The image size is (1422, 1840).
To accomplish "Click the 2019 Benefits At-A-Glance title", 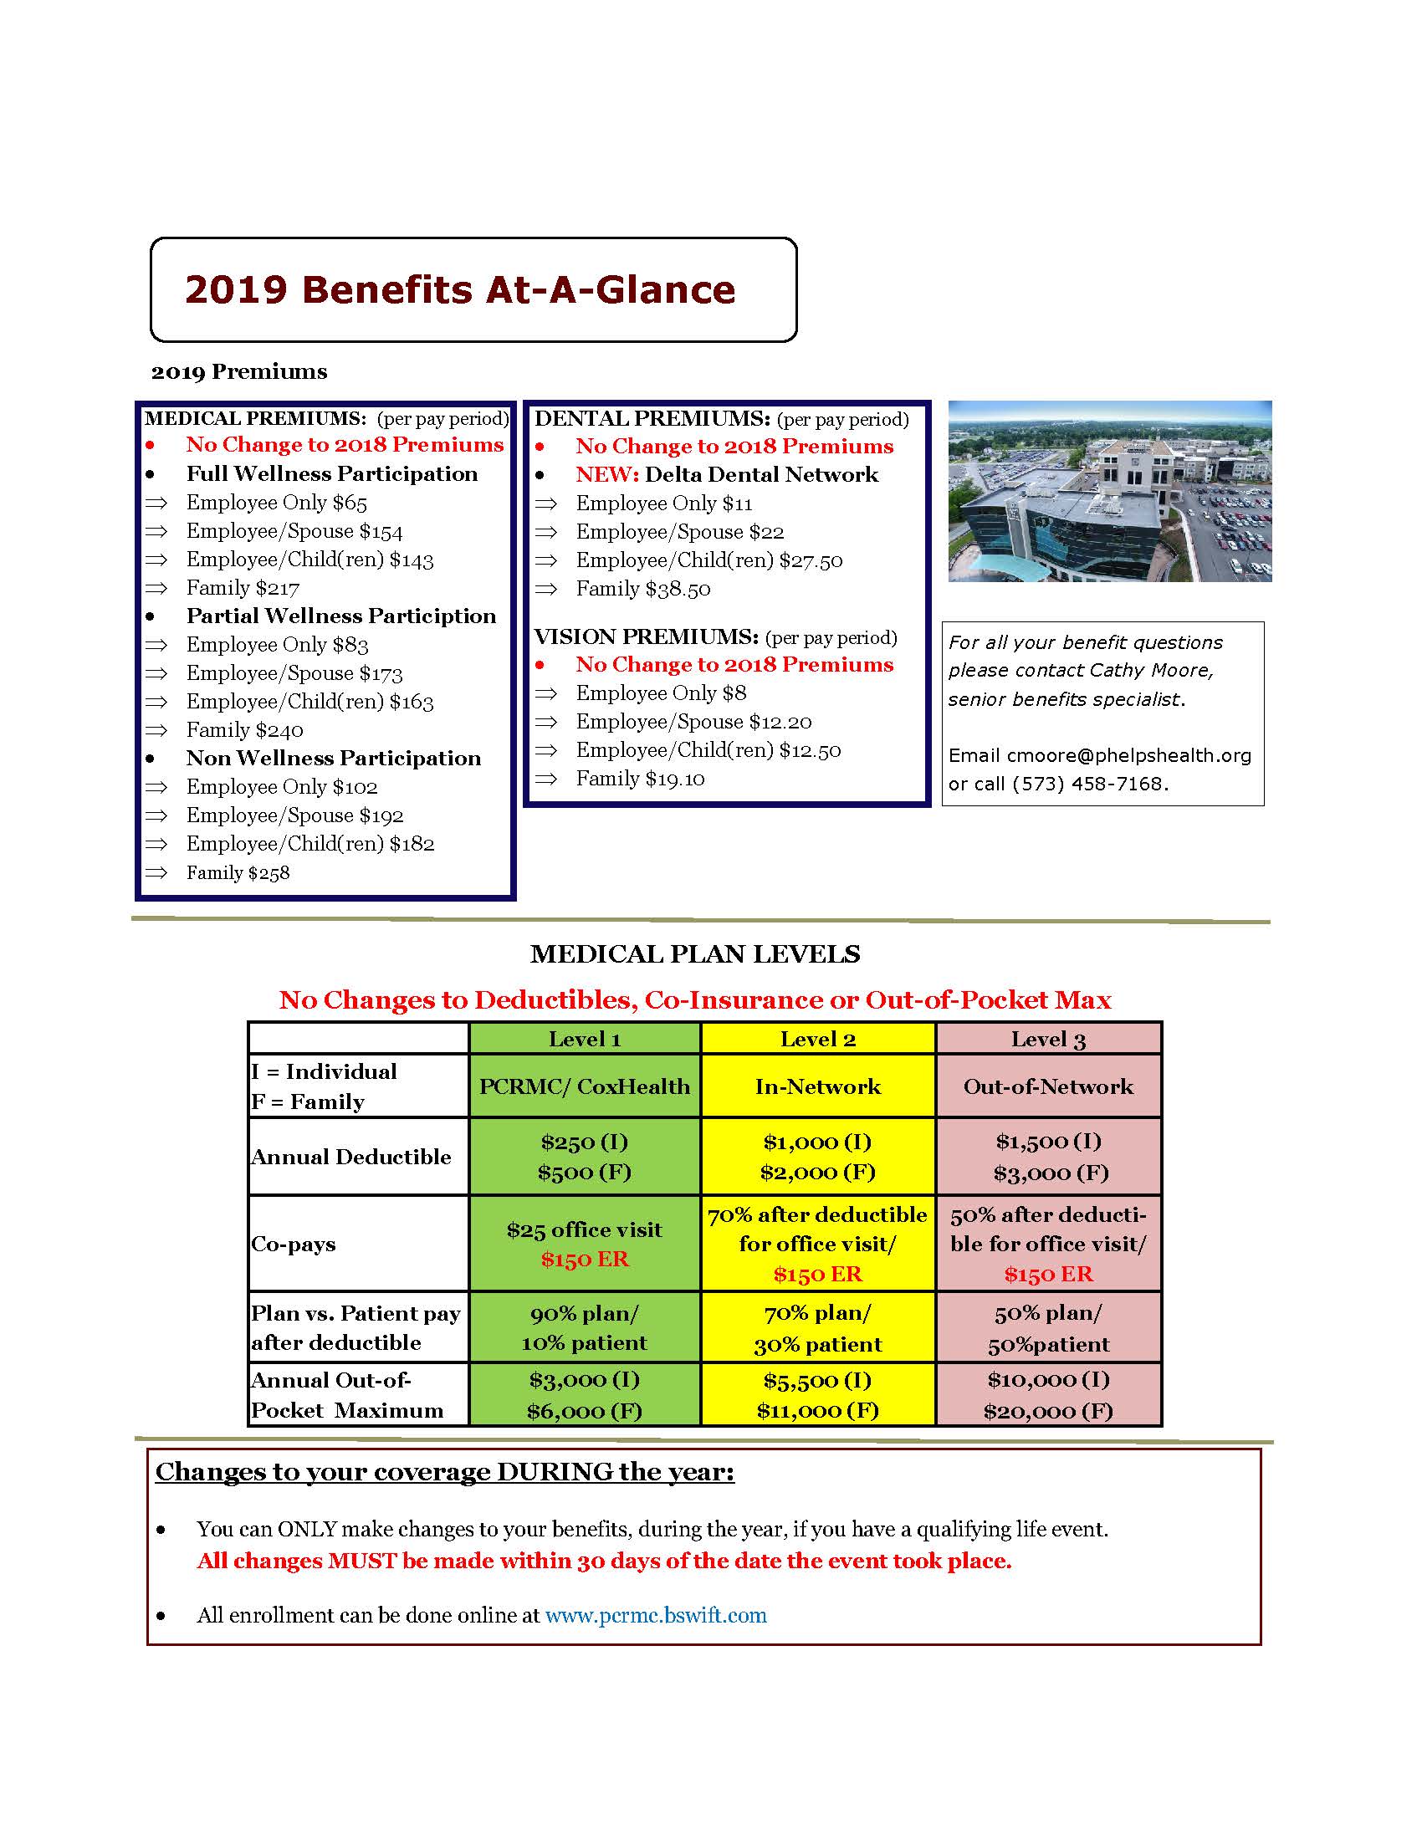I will pyautogui.click(x=460, y=289).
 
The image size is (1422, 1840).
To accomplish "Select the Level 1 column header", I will pyautogui.click(x=585, y=1039).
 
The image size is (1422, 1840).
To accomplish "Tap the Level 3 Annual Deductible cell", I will pyautogui.click(x=1049, y=1157).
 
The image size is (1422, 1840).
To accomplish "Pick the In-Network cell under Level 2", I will pyautogui.click(x=817, y=1086).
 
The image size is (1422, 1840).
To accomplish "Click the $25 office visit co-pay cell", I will pyautogui.click(x=584, y=1230).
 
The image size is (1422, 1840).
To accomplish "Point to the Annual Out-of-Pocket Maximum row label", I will pyautogui.click(x=347, y=1395).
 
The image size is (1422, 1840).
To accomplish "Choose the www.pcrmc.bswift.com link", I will pyautogui.click(x=656, y=1615).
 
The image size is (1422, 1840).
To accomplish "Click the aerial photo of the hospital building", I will pyautogui.click(x=1109, y=491).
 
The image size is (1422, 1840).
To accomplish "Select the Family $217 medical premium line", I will pyautogui.click(x=243, y=588).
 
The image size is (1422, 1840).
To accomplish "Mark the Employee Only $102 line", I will pyautogui.click(x=281, y=787).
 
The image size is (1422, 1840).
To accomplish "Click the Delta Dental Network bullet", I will pyautogui.click(x=726, y=474).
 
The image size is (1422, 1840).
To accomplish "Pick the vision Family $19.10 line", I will pyautogui.click(x=640, y=779).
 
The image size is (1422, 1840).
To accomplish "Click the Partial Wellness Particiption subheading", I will pyautogui.click(x=341, y=616).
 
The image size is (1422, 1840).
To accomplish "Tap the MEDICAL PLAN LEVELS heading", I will pyautogui.click(x=695, y=953).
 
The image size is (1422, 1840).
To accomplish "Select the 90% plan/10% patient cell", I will pyautogui.click(x=584, y=1328).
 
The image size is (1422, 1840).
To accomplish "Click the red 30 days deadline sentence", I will pyautogui.click(x=604, y=1561).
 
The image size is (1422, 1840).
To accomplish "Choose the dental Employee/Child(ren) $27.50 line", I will pyautogui.click(x=708, y=560).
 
